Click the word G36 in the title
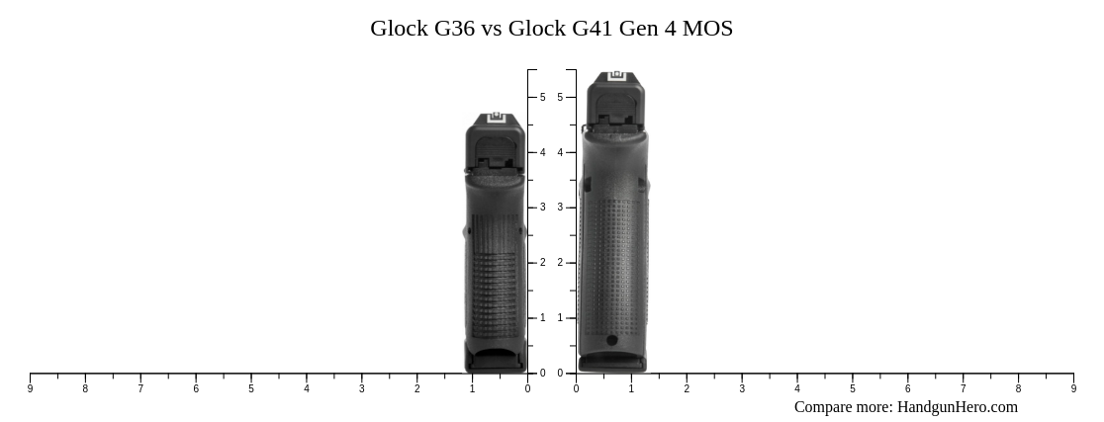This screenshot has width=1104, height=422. (x=454, y=29)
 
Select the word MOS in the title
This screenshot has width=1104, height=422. (x=708, y=29)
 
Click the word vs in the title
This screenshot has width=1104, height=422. (x=492, y=29)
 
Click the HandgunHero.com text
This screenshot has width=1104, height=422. (x=957, y=407)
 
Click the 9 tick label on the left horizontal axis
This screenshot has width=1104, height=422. (x=30, y=389)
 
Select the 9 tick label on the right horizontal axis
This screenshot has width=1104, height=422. (x=1073, y=389)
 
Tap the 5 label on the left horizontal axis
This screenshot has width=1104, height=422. (x=251, y=389)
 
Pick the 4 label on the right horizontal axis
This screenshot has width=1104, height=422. (x=797, y=389)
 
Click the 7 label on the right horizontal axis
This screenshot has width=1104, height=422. (x=963, y=389)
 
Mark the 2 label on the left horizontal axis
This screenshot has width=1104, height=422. (x=416, y=389)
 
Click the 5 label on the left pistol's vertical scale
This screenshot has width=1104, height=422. (x=542, y=98)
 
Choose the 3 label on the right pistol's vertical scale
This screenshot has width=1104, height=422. (x=560, y=208)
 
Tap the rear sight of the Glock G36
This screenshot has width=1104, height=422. (x=496, y=119)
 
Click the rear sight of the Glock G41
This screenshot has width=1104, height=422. (x=616, y=76)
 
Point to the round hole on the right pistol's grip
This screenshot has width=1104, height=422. (x=611, y=341)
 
